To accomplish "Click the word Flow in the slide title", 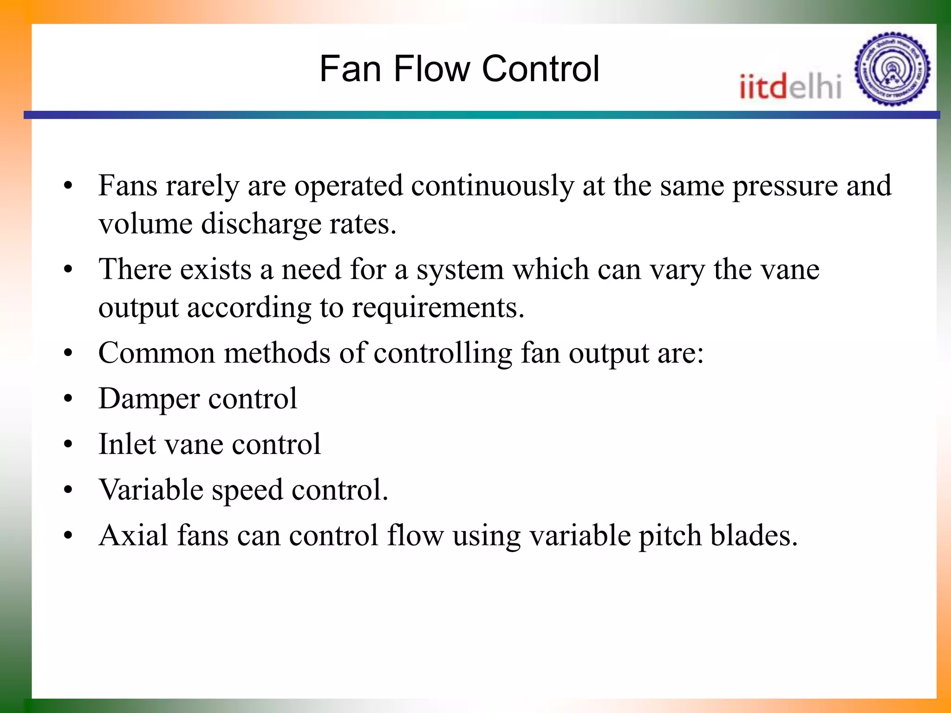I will pos(431,69).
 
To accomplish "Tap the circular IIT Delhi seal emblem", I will pos(892,69).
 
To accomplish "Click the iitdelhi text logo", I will pos(790,87).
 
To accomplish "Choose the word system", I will pos(460,270).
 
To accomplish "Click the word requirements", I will pos(437,308).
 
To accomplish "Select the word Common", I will pos(156,353).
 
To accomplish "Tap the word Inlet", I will pos(127,444).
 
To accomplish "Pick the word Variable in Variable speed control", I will pos(151,490).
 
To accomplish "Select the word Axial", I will pos(133,535).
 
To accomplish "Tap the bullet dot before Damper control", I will pos(69,399).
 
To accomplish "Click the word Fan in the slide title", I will pos(350,69).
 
